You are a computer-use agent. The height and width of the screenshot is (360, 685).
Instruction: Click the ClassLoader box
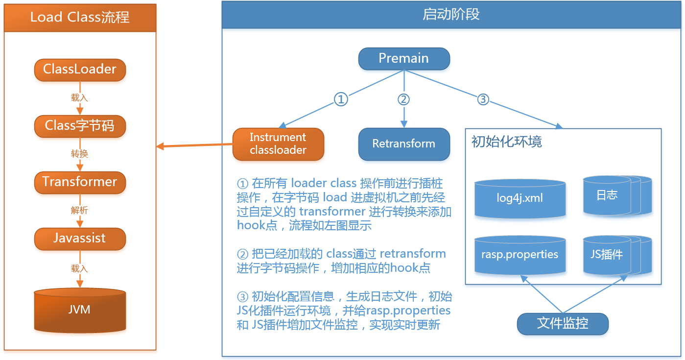[80, 70]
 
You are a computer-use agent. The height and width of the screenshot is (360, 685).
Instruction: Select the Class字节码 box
[80, 126]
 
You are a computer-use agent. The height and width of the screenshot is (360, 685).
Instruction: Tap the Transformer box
[80, 182]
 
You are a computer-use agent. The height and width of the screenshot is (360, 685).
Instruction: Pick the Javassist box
[80, 239]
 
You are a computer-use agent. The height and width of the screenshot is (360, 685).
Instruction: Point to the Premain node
[404, 58]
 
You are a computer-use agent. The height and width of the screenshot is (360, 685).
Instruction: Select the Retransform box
[404, 144]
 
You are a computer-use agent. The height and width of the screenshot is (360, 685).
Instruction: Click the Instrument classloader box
[278, 144]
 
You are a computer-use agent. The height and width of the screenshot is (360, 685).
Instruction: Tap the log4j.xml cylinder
[520, 198]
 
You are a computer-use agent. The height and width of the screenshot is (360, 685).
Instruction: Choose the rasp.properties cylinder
[520, 255]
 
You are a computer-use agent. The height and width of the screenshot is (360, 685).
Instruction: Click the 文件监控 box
[563, 324]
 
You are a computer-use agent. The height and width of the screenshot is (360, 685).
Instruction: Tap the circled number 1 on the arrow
[341, 99]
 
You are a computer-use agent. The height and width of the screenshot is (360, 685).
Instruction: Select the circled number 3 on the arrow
[483, 99]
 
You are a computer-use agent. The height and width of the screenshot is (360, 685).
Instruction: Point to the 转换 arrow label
[80, 154]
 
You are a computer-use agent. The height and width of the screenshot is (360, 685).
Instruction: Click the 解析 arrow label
[80, 210]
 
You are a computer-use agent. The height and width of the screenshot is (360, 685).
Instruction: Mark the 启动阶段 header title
[451, 15]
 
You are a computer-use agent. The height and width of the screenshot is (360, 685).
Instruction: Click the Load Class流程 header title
[80, 18]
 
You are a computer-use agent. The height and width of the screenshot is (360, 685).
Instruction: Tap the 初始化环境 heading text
[507, 142]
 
